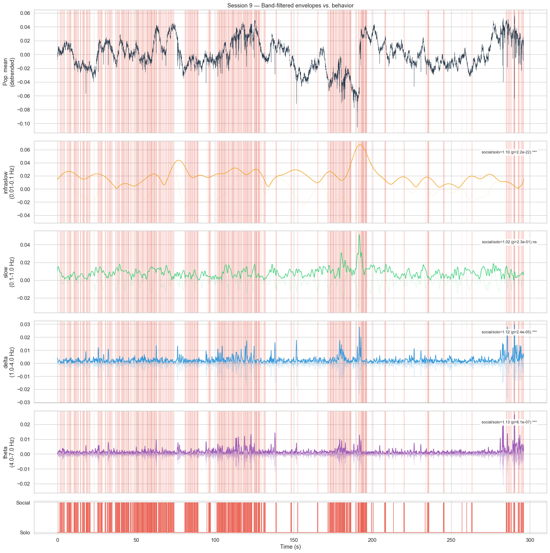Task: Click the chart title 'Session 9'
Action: pyautogui.click(x=290, y=6)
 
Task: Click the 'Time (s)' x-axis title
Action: pyautogui.click(x=290, y=546)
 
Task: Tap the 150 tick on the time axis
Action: pyautogui.click(x=293, y=540)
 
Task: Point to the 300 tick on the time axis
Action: pyautogui.click(x=530, y=540)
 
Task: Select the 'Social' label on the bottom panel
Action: pyautogui.click(x=23, y=503)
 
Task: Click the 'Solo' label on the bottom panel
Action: pyautogui.click(x=25, y=532)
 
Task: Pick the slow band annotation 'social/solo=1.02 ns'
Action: pyautogui.click(x=509, y=242)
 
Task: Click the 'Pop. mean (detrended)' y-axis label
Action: pyautogui.click(x=9, y=71)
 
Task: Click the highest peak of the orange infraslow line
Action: pyautogui.click(x=360, y=145)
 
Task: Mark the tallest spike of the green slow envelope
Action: pyautogui.click(x=359, y=235)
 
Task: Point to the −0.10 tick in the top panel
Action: pyautogui.click(x=23, y=123)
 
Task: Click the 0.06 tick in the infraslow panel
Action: pyautogui.click(x=25, y=150)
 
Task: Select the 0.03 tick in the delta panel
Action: pyautogui.click(x=25, y=324)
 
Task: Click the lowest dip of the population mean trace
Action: pyautogui.click(x=357, y=127)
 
